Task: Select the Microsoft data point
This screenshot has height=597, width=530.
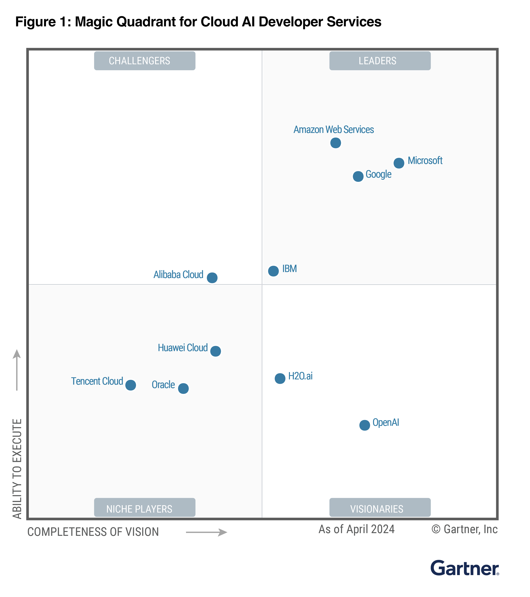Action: pos(399,163)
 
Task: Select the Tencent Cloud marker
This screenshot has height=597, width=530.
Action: pos(131,385)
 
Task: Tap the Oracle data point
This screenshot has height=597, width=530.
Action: pos(183,388)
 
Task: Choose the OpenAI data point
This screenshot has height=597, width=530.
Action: pos(364,425)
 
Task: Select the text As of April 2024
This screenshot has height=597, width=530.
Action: pos(356,529)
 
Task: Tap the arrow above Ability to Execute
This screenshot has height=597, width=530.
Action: pos(17,369)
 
